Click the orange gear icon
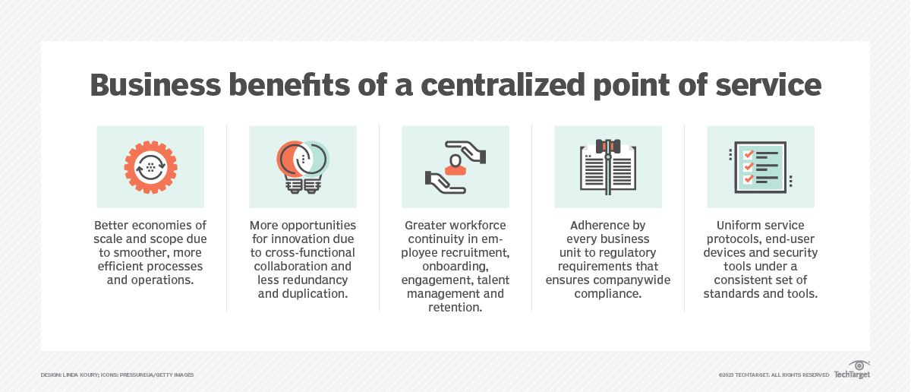click(150, 167)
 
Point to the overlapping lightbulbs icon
click(302, 167)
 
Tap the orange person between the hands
click(455, 166)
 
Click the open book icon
click(607, 167)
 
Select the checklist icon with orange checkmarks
click(759, 167)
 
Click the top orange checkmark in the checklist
click(748, 153)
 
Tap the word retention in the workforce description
click(455, 308)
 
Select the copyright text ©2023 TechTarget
click(744, 375)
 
